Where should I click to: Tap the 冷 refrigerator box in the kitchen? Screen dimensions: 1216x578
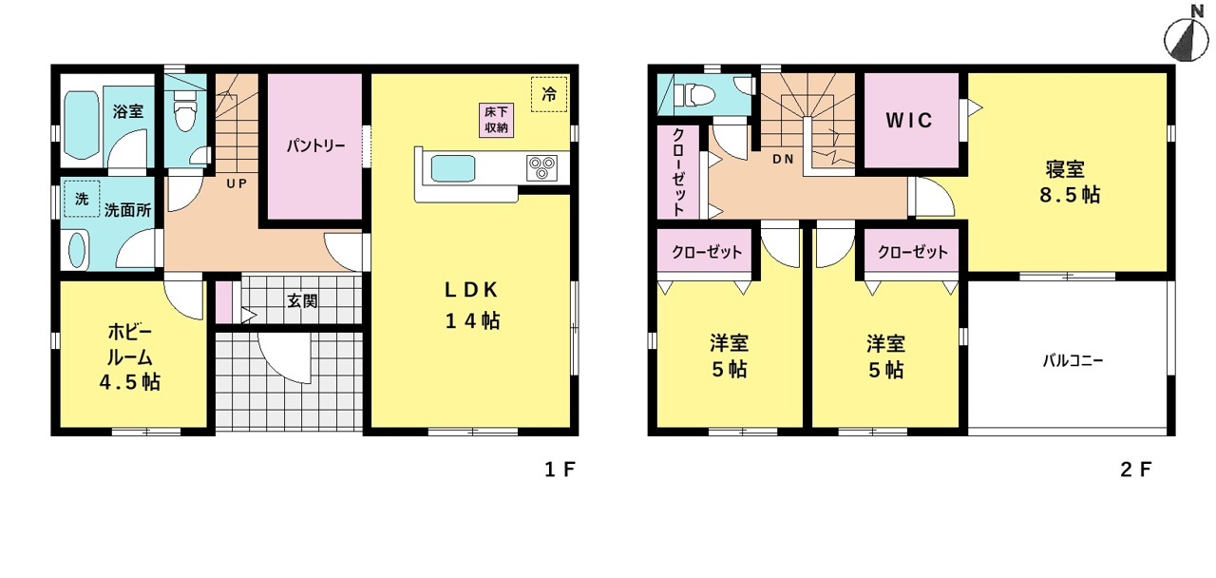pyautogui.click(x=549, y=94)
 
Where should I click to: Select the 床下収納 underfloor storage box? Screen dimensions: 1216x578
pyautogui.click(x=496, y=120)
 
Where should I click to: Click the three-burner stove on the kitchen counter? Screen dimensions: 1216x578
pyautogui.click(x=541, y=167)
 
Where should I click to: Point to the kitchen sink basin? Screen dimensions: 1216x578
pyautogui.click(x=453, y=169)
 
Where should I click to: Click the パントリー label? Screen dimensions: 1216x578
pyautogui.click(x=316, y=145)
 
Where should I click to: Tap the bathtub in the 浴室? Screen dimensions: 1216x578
pyautogui.click(x=82, y=125)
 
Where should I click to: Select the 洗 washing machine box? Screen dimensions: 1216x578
pyautogui.click(x=82, y=199)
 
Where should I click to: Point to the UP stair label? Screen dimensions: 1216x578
pyautogui.click(x=237, y=183)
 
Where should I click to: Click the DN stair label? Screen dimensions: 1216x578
pyautogui.click(x=784, y=159)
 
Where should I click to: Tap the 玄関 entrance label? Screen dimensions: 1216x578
pyautogui.click(x=302, y=301)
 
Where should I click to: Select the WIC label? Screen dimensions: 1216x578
pyautogui.click(x=909, y=120)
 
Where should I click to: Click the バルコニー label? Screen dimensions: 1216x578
pyautogui.click(x=1073, y=360)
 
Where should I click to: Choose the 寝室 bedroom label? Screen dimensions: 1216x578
pyautogui.click(x=1065, y=169)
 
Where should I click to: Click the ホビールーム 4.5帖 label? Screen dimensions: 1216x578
pyautogui.click(x=130, y=356)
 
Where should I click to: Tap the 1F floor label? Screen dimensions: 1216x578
pyautogui.click(x=560, y=469)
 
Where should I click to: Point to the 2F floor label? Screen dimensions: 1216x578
pyautogui.click(x=1135, y=470)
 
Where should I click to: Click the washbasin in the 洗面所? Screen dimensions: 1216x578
pyautogui.click(x=78, y=250)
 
